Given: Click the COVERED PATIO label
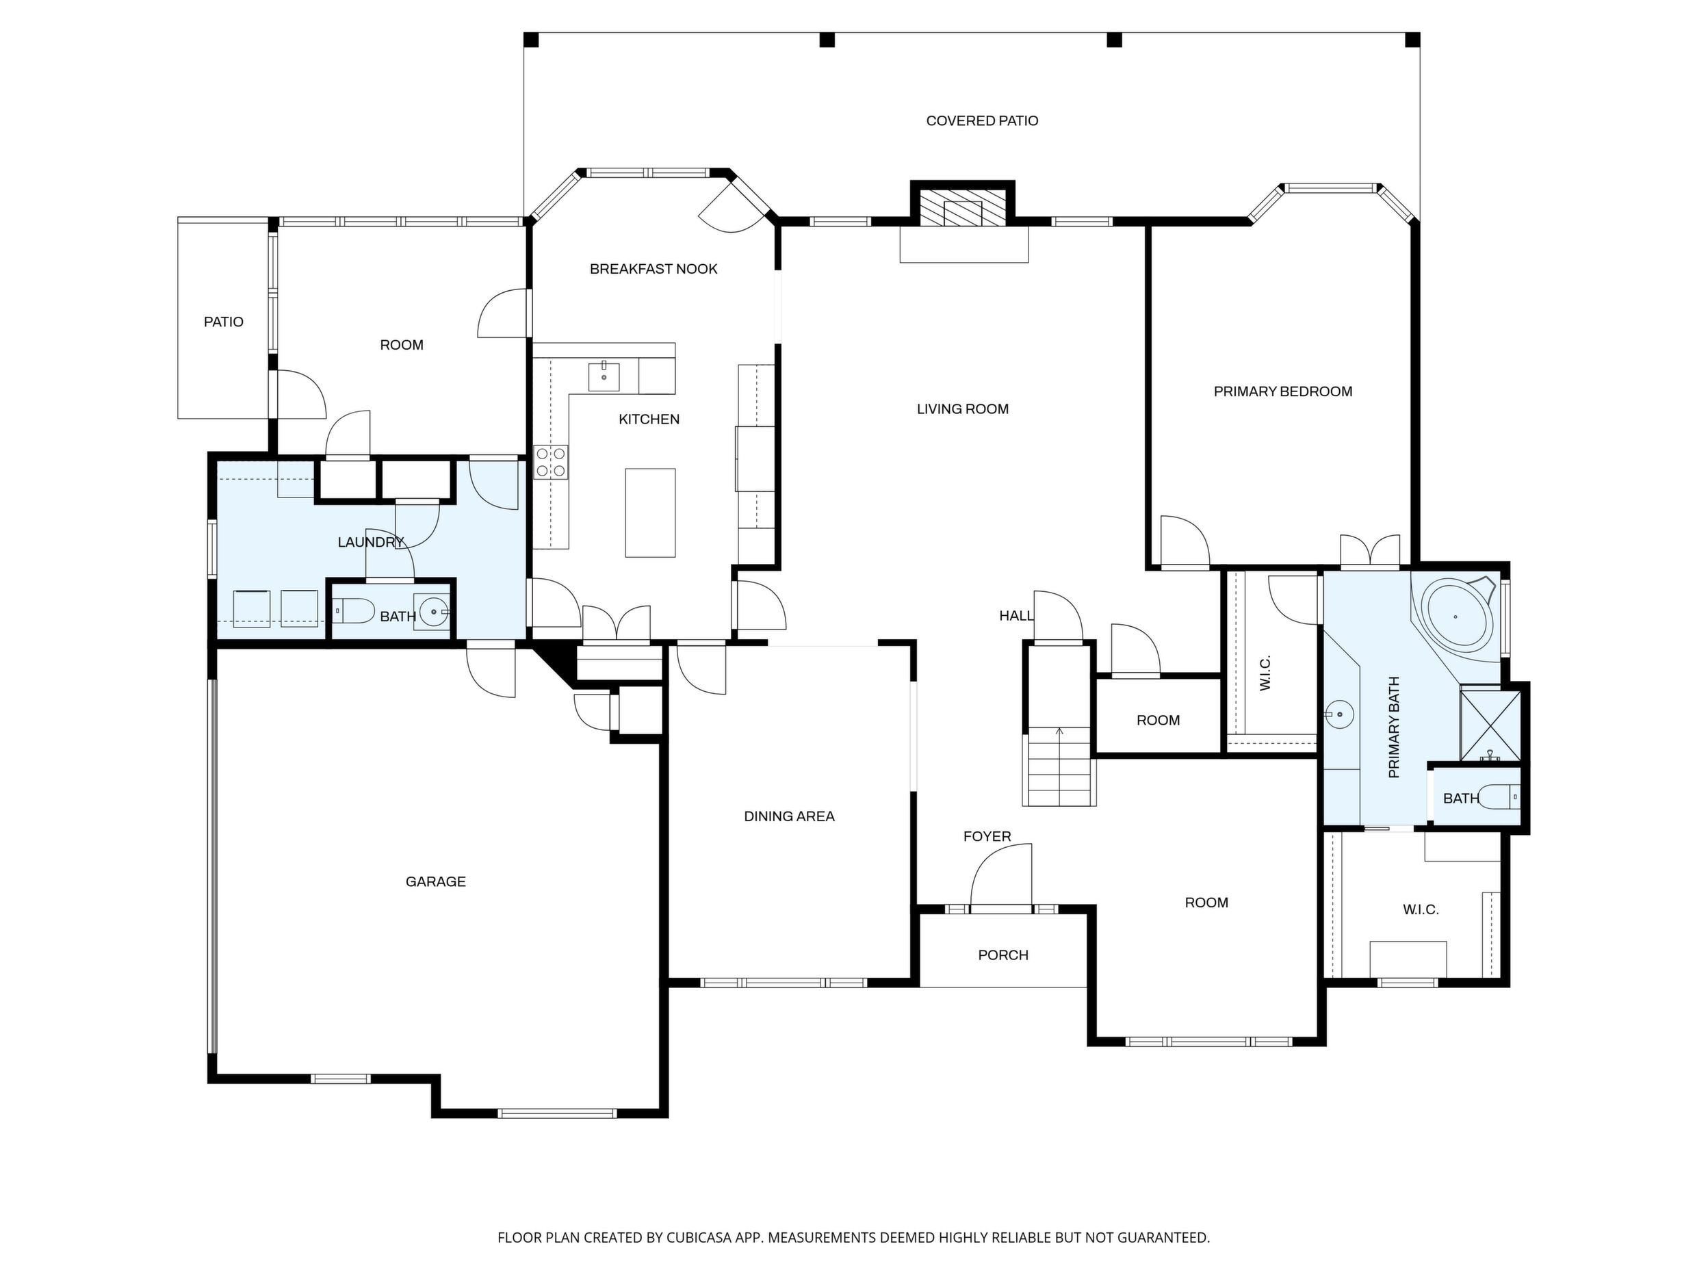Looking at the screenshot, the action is click(x=981, y=120).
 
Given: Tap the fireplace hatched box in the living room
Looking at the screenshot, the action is click(x=962, y=207).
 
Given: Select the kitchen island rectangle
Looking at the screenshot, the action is click(x=650, y=513).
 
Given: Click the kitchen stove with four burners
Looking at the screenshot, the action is click(x=552, y=463).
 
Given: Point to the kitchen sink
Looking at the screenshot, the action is click(x=604, y=376).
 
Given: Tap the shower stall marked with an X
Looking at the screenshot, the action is click(x=1490, y=726).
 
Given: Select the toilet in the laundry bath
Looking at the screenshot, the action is click(x=354, y=611).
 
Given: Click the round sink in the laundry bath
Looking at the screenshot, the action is click(x=432, y=612).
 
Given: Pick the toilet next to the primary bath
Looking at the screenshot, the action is click(x=1499, y=796).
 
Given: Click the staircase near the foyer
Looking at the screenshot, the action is click(x=1059, y=766).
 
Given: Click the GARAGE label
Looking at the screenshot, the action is click(x=435, y=882).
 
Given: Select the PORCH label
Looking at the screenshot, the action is click(x=1003, y=955).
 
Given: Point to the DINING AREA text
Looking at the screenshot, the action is click(x=789, y=816).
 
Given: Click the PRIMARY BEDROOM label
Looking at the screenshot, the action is click(x=1282, y=391).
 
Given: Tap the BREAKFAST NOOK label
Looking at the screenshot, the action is click(x=654, y=269).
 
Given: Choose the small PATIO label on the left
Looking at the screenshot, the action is click(x=223, y=322).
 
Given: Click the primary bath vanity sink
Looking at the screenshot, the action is click(x=1341, y=714).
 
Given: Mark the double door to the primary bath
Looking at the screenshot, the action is click(x=1370, y=552).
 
